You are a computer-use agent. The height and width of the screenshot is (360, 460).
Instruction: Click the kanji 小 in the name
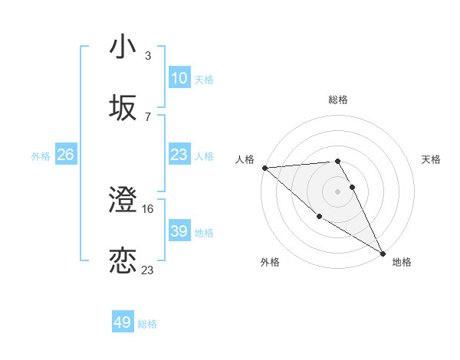(123, 47)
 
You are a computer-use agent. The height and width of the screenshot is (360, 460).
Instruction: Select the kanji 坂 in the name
(123, 109)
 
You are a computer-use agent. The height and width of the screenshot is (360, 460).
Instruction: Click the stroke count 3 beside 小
(148, 56)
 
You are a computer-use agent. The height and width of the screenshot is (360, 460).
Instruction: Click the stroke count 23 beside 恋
(148, 270)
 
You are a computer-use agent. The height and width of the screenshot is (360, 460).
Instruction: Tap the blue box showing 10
(179, 78)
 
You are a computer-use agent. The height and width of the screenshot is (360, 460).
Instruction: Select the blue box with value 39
(179, 231)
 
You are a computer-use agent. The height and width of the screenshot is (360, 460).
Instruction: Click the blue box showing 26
(65, 155)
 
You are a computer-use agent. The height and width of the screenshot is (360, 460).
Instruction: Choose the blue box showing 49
(123, 322)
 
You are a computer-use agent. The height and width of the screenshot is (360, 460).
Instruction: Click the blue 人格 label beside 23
(204, 155)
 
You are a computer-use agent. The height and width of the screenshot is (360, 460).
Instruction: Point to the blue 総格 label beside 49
(147, 324)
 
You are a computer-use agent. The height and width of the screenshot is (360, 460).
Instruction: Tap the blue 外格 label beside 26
(41, 156)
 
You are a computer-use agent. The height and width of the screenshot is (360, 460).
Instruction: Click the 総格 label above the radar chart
(338, 100)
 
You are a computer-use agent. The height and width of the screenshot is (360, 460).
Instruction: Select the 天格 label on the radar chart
(432, 159)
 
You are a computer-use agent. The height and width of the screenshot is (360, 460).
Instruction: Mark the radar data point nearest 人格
(264, 168)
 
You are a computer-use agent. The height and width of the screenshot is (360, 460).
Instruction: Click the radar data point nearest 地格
(382, 252)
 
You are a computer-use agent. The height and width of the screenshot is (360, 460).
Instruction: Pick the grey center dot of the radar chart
(338, 191)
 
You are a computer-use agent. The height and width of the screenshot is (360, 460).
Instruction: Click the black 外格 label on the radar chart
(270, 262)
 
